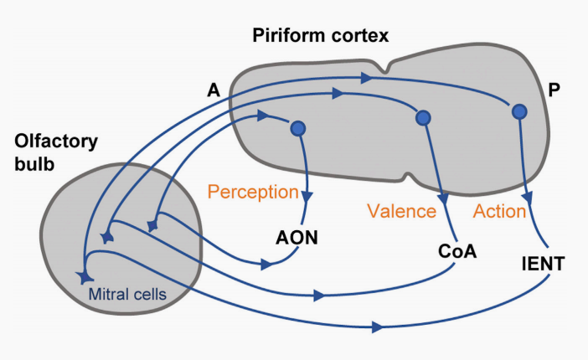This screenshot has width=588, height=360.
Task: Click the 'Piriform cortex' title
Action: (x=322, y=36)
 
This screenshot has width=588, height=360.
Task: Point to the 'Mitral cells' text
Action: (x=127, y=294)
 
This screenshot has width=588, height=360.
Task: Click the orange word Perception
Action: (x=253, y=193)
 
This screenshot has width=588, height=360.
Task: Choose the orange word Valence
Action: (x=402, y=211)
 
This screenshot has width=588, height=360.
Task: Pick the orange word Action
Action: (x=499, y=211)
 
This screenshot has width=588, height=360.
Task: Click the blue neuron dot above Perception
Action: (x=297, y=129)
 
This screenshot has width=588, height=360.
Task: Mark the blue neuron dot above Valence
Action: (x=423, y=119)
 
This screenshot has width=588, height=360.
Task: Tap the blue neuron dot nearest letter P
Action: (x=519, y=111)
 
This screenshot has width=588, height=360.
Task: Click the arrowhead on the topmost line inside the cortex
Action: (x=365, y=79)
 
